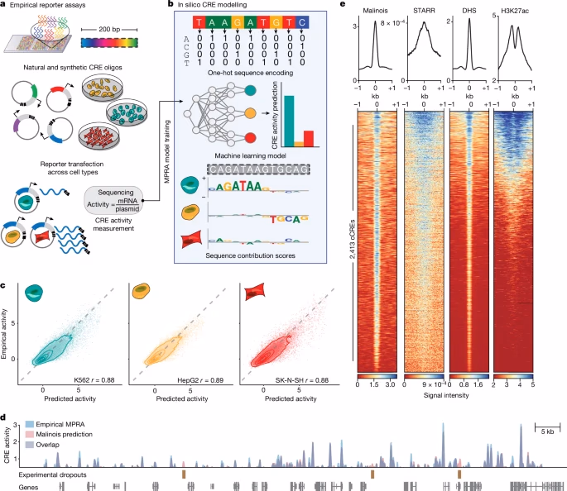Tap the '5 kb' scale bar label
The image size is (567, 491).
pyautogui.click(x=548, y=432)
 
